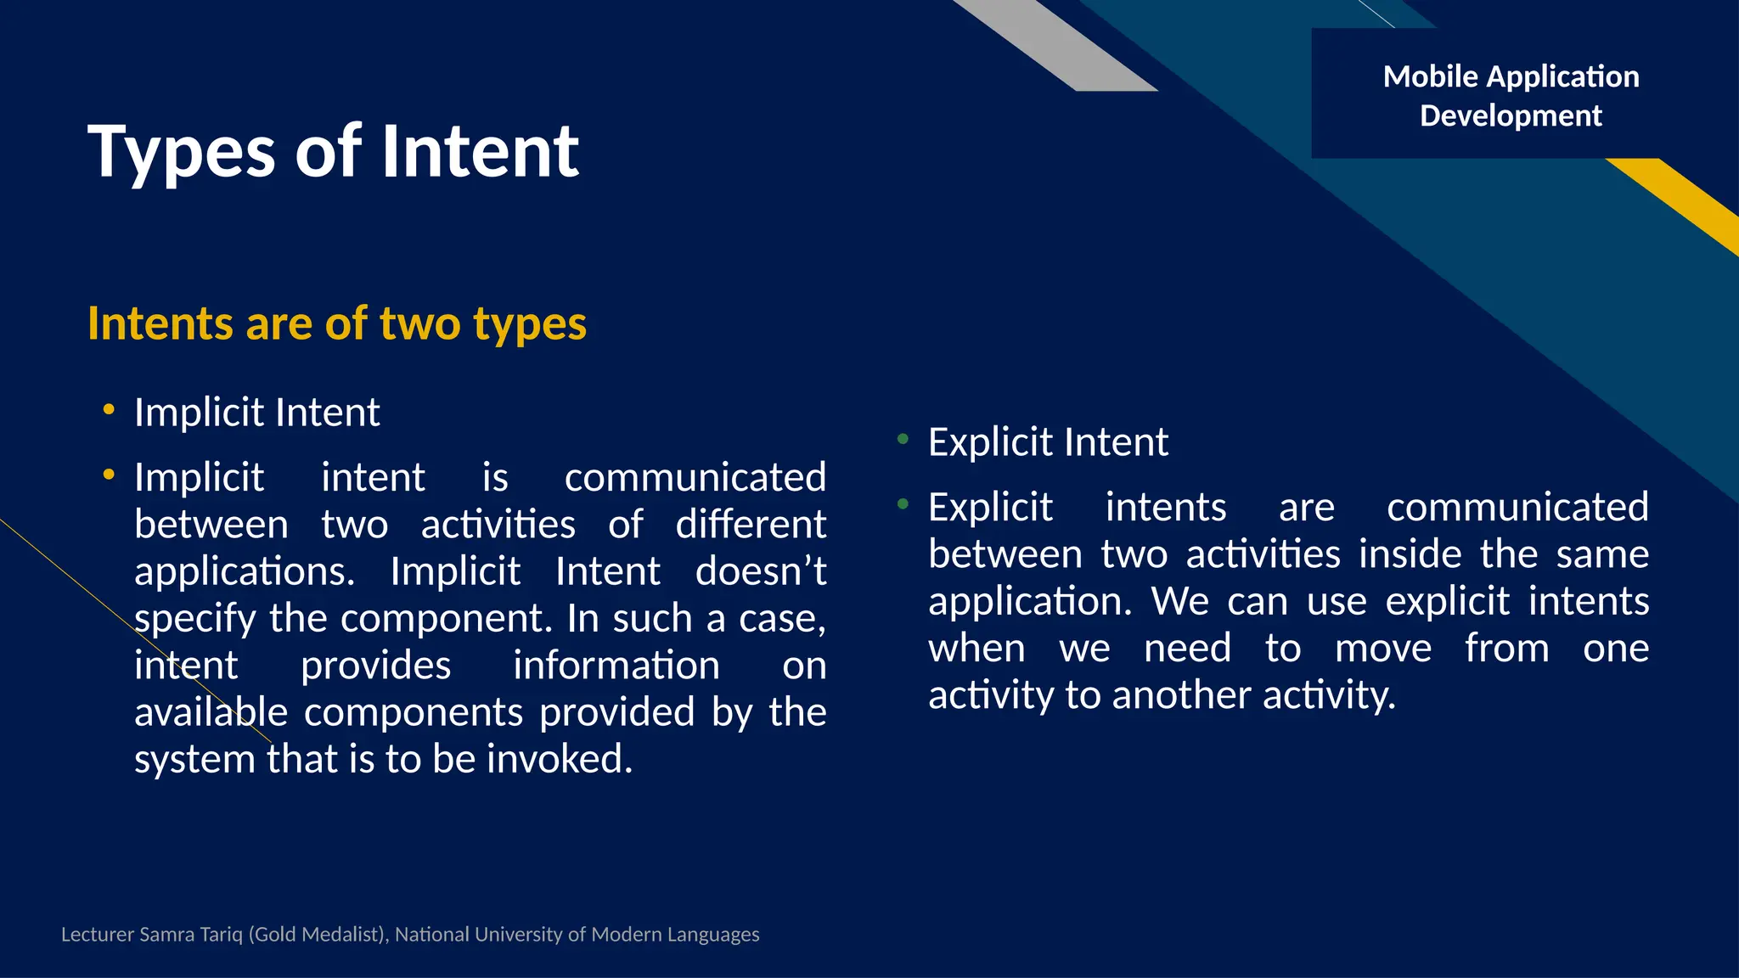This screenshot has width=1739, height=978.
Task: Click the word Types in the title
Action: pos(182,153)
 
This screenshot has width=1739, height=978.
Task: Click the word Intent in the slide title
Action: pos(481,151)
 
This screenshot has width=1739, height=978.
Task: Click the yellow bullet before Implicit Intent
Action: pos(108,410)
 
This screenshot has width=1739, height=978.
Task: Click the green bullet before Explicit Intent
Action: pos(903,439)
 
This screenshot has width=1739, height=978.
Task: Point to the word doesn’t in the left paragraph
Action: pos(760,570)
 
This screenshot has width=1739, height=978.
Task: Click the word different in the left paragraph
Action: pos(750,524)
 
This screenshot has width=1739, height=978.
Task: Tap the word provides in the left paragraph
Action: pos(375,665)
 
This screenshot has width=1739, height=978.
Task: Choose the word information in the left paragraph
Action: pos(616,665)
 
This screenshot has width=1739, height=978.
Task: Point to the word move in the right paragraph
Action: pos(1382,648)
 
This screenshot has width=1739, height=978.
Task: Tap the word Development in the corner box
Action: pos(1511,115)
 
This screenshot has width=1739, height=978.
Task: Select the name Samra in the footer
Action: pos(166,935)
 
